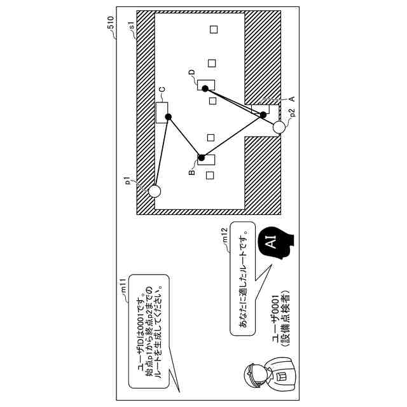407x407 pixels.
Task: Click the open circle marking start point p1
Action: click(x=155, y=190)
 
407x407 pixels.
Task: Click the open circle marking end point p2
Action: click(x=279, y=128)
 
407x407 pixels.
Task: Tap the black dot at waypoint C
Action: click(x=169, y=116)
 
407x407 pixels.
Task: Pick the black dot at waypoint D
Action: click(x=205, y=89)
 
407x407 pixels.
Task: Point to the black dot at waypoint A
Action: click(x=263, y=114)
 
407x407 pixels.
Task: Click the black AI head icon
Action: click(x=272, y=242)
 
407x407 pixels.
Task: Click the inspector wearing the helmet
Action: click(x=261, y=376)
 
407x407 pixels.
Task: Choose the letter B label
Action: click(x=191, y=172)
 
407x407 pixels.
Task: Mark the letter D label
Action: click(x=191, y=73)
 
